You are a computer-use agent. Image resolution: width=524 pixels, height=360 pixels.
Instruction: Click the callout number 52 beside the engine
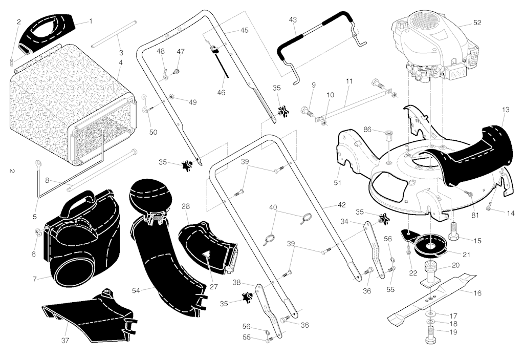tap(477, 23)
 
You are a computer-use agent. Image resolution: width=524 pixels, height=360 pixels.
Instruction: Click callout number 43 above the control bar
tap(292, 20)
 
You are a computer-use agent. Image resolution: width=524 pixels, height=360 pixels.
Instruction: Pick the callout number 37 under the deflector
tap(65, 341)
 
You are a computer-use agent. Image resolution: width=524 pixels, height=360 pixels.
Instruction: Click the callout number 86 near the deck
tap(367, 130)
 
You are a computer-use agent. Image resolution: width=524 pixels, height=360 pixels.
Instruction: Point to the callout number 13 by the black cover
tap(506, 110)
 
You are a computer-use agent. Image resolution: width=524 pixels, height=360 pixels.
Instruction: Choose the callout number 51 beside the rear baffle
tap(338, 183)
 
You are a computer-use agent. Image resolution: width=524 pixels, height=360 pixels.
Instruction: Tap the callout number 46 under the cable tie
tap(221, 93)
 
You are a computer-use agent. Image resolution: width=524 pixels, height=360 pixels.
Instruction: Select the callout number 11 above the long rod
tap(349, 81)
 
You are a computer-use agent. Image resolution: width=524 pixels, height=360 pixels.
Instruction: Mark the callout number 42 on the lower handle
tap(341, 205)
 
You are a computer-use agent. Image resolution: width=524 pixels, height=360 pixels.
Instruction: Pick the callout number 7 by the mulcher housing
tap(35, 279)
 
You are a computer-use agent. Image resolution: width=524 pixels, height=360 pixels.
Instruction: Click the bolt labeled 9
tap(308, 111)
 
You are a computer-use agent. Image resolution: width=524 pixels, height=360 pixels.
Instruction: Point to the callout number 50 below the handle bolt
tap(153, 133)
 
